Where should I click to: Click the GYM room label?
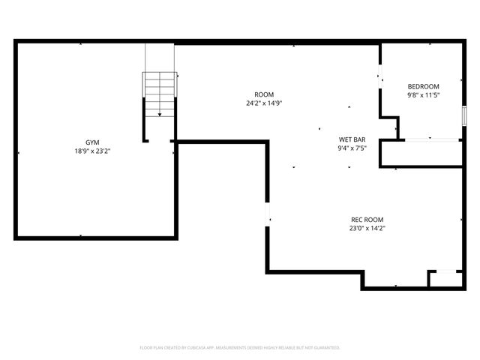[x=92, y=142]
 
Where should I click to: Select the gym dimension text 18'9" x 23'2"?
[x=92, y=151]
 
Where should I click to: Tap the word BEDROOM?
[x=423, y=86]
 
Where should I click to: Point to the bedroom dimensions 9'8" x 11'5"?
[x=423, y=95]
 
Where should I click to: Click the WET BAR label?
[x=352, y=139]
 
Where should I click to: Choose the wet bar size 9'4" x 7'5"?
[x=352, y=148]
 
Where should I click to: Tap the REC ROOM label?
[x=367, y=219]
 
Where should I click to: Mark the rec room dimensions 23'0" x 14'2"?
[x=367, y=228]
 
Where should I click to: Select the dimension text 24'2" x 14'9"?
[x=263, y=103]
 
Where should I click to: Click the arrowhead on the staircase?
[x=159, y=114]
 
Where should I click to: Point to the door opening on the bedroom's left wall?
[x=380, y=75]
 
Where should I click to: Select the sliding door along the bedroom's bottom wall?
[x=430, y=139]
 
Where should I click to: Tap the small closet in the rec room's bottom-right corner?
[x=445, y=278]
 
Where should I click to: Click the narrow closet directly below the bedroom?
[x=421, y=153]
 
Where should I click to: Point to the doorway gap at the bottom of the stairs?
[x=160, y=140]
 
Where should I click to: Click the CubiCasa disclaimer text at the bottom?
[x=240, y=348]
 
